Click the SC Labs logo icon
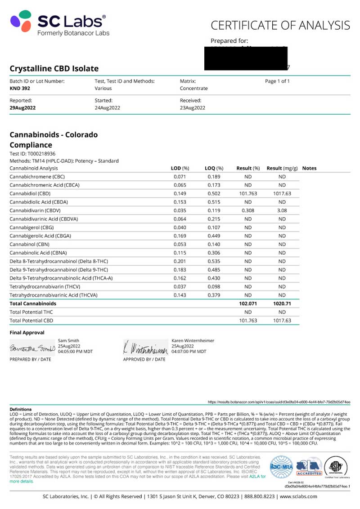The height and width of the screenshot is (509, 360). (21, 22)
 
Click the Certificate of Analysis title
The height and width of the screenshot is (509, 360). (280, 25)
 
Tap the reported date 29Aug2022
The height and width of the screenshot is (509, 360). (22, 108)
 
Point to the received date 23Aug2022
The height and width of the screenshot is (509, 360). (193, 108)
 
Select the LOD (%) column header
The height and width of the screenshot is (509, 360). (180, 168)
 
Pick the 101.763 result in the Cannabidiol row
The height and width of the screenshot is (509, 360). (248, 193)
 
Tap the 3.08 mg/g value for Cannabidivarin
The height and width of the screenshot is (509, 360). (282, 210)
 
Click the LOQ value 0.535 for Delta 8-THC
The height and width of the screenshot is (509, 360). (214, 261)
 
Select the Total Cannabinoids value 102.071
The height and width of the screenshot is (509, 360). (247, 304)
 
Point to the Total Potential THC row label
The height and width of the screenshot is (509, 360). (31, 312)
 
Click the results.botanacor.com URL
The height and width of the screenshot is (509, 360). (279, 402)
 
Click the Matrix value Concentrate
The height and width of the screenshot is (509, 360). (193, 89)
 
